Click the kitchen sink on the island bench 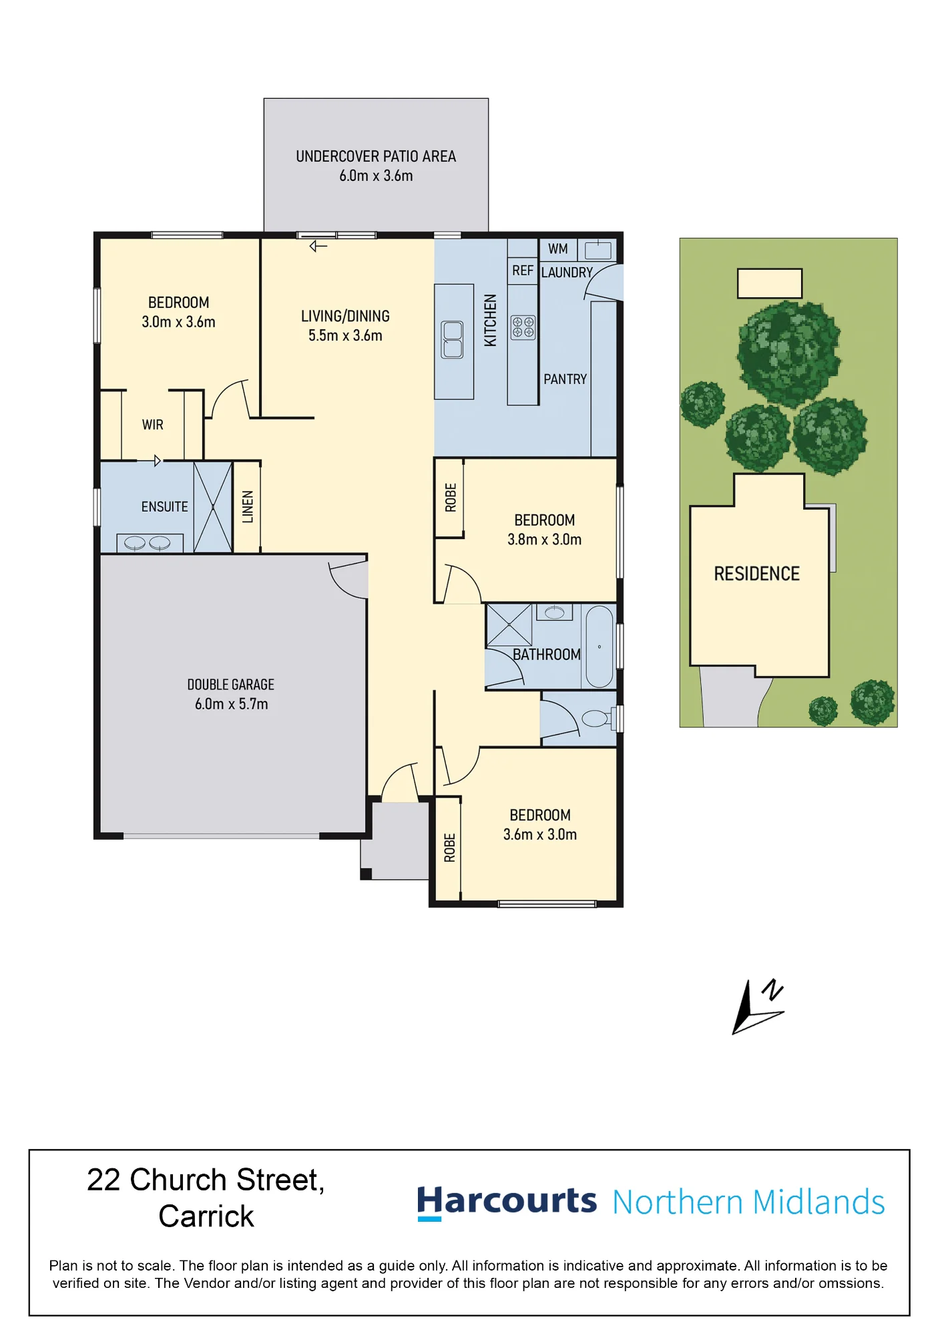[x=453, y=339]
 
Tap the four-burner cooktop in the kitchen [x=523, y=327]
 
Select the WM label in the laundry [x=558, y=249]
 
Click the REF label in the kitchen [x=523, y=271]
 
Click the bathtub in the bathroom [x=600, y=647]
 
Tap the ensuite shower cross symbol [x=213, y=507]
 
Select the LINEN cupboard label [x=248, y=507]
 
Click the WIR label [x=153, y=425]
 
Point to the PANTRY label [x=565, y=379]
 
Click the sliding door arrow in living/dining [x=318, y=246]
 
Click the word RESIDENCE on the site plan [x=757, y=574]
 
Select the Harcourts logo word [x=507, y=1202]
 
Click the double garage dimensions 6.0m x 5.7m [x=232, y=704]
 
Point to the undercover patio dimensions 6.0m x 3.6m [x=376, y=176]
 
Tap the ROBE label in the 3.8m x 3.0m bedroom [x=451, y=498]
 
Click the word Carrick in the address [x=206, y=1216]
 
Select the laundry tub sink [x=598, y=250]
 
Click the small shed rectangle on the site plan [x=770, y=283]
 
